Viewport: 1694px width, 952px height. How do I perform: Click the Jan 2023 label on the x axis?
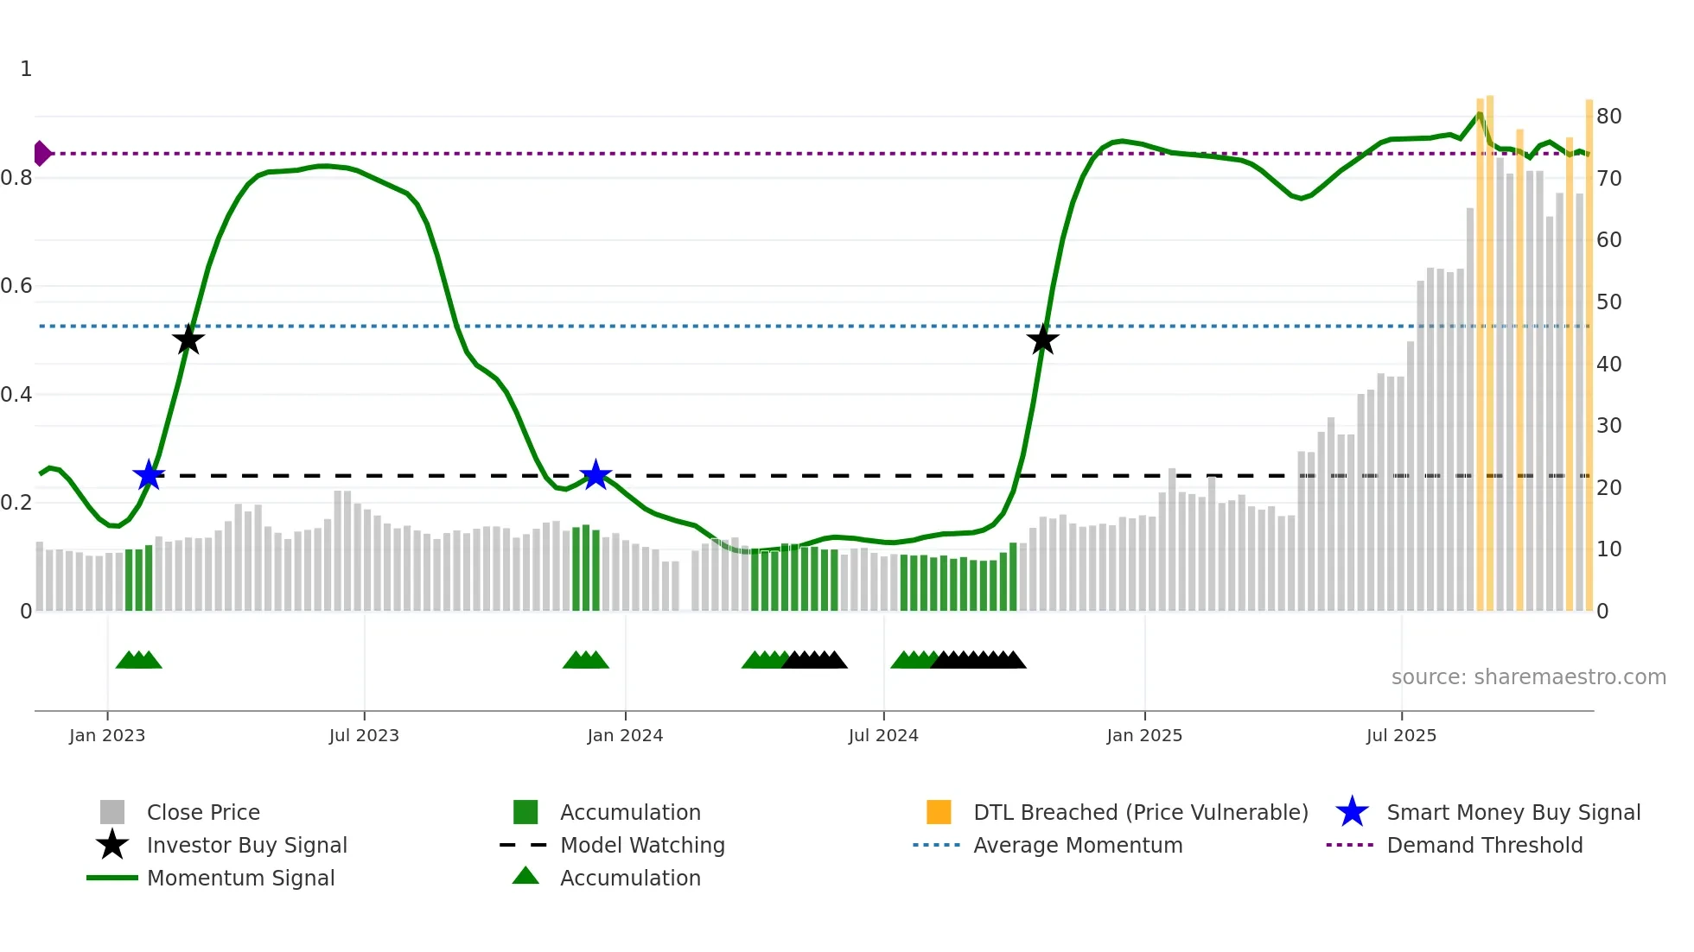[x=107, y=735]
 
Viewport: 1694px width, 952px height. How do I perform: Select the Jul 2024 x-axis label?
[x=883, y=735]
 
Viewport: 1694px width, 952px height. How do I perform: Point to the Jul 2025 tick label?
[x=1401, y=735]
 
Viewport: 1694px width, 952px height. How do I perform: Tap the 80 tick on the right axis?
[x=1608, y=117]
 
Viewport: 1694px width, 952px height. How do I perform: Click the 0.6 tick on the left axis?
[x=16, y=286]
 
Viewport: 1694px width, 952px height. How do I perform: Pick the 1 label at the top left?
[x=26, y=69]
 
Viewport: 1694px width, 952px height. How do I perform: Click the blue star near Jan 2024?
[x=595, y=474]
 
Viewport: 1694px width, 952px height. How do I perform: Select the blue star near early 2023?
[x=149, y=474]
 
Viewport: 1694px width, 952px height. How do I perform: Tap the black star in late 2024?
[x=1042, y=340]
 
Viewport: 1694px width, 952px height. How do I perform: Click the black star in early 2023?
[x=188, y=340]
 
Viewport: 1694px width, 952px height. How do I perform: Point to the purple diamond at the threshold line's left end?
[x=41, y=153]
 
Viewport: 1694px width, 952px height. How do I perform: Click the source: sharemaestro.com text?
[x=1528, y=677]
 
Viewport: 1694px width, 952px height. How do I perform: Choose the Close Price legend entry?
[x=203, y=812]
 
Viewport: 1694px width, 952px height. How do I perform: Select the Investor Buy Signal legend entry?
[x=246, y=845]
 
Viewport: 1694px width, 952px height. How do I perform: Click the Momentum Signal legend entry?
[x=240, y=878]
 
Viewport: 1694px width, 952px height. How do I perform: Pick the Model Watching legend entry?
[x=642, y=845]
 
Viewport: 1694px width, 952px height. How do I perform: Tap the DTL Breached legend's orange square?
[x=939, y=812]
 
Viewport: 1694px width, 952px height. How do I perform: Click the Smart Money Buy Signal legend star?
[x=1352, y=812]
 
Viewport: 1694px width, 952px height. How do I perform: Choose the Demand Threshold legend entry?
[x=1484, y=845]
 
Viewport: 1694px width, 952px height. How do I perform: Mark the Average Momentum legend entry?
[x=1078, y=845]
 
